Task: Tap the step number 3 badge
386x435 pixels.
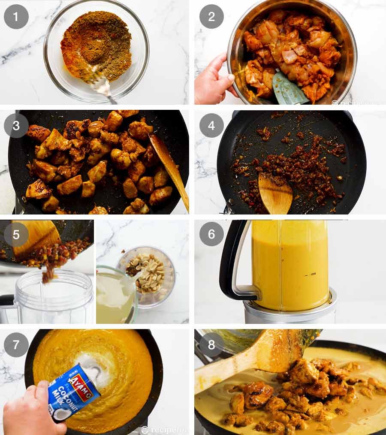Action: [16, 125]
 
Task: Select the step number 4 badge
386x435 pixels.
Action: [211, 125]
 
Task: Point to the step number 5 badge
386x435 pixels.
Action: [16, 234]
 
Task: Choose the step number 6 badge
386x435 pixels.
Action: [211, 234]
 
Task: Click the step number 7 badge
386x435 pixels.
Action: [16, 344]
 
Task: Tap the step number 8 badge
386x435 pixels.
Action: [211, 344]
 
